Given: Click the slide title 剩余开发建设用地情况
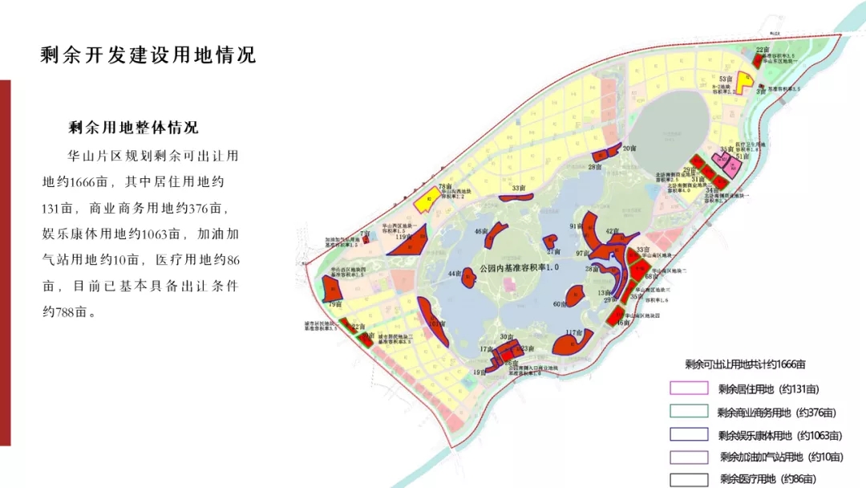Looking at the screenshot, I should [148, 55].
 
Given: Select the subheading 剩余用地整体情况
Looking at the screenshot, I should [133, 128].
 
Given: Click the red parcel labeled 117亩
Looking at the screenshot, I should [577, 344].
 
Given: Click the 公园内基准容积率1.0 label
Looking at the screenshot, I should [518, 266].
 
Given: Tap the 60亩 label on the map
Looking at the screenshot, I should [560, 304].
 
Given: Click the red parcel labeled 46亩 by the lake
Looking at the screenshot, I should [495, 234].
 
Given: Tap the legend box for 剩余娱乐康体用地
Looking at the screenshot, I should [689, 435].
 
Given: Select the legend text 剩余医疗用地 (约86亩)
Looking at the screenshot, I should [771, 479].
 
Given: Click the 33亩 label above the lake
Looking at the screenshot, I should [520, 188].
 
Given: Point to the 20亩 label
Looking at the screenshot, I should [629, 148].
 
